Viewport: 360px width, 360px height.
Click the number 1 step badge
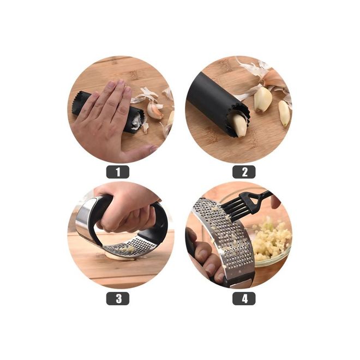(118, 172)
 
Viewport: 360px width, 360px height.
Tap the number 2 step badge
(244, 172)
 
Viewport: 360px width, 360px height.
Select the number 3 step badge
(118, 298)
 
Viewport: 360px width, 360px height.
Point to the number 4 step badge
(244, 298)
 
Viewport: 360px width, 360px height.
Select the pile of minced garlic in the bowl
(271, 239)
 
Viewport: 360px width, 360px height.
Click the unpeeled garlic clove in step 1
(155, 110)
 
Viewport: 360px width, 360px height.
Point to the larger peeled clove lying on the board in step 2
(262, 99)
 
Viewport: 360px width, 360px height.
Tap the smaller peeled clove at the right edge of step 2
(284, 113)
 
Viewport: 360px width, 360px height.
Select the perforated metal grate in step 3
(131, 247)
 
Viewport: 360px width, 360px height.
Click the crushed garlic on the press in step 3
(128, 249)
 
